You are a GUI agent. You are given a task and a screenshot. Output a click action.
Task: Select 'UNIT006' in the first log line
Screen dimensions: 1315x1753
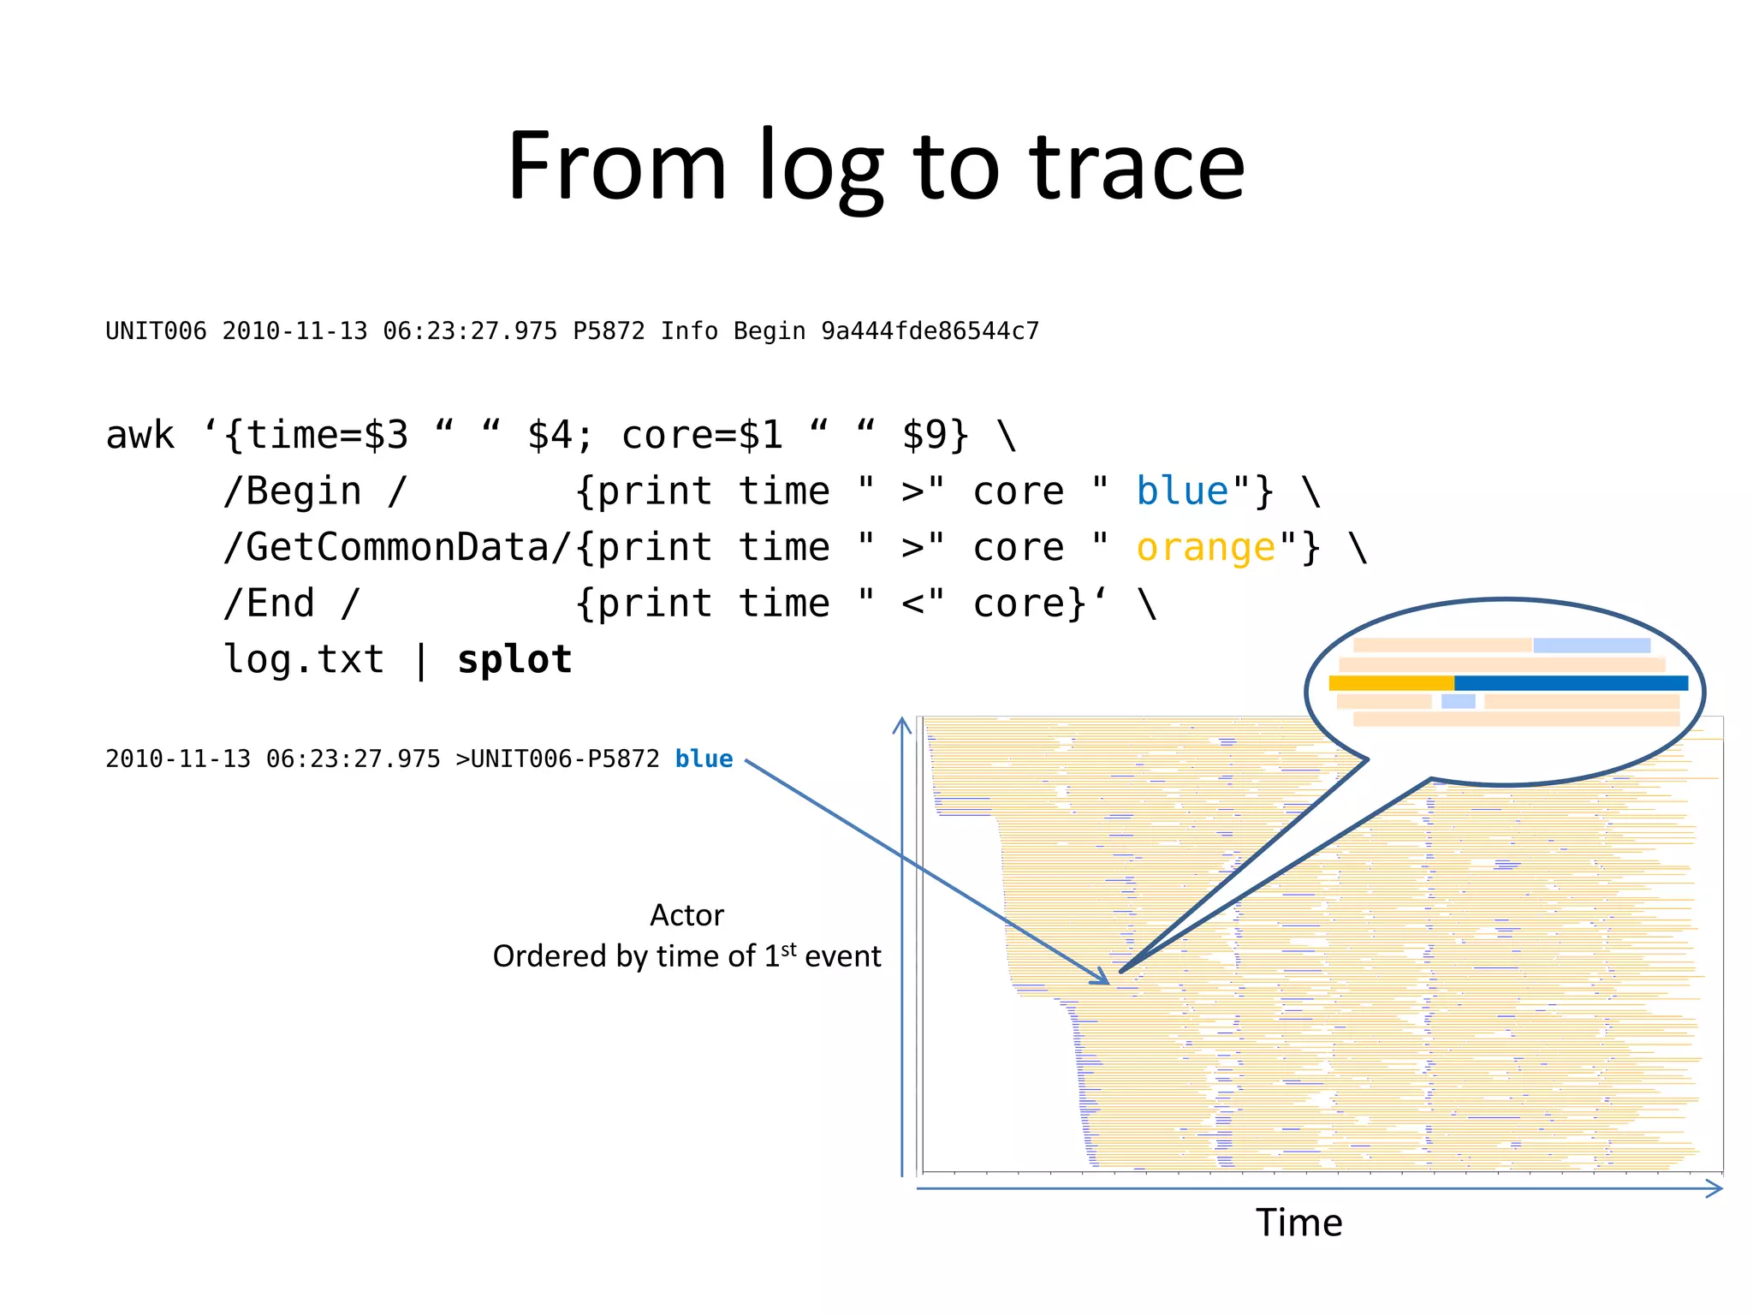(x=156, y=331)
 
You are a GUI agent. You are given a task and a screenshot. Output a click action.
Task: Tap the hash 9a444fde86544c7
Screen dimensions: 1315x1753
(x=930, y=331)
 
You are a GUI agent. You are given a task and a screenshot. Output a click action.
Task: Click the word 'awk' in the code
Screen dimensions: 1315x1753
(x=140, y=435)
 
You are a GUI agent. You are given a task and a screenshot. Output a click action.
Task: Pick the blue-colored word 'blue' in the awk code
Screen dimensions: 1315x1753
(x=1182, y=491)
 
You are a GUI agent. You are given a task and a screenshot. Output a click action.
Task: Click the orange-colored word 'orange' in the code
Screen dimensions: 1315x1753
(x=1206, y=548)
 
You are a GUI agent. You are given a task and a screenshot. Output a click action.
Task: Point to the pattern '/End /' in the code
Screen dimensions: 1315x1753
(x=292, y=604)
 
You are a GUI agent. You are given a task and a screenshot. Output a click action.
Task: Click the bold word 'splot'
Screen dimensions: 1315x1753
(x=514, y=659)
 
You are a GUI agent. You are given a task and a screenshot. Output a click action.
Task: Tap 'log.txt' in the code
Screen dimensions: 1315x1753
(x=304, y=659)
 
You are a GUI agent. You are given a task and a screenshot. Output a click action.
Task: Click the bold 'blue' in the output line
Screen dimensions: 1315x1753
(x=704, y=759)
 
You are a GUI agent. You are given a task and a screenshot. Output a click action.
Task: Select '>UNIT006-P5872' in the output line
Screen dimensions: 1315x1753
(x=557, y=759)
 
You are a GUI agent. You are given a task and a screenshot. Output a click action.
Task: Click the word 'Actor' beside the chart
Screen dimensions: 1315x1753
(x=686, y=915)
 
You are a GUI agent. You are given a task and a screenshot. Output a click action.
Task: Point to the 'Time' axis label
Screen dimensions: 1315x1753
(x=1298, y=1223)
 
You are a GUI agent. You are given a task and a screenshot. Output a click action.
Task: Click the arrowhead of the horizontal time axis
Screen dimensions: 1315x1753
(x=1714, y=1188)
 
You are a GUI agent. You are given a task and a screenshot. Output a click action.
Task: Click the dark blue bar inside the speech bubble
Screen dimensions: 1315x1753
(x=1571, y=683)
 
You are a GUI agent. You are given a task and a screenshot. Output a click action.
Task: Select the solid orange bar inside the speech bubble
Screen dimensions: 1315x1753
(x=1391, y=683)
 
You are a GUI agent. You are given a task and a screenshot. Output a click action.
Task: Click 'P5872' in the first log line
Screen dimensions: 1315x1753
(x=609, y=331)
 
